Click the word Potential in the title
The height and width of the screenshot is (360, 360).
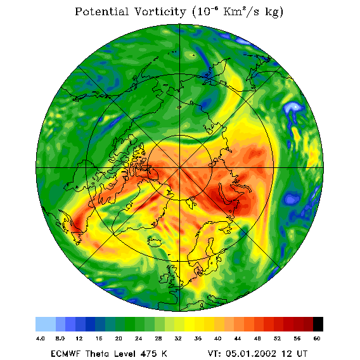(101, 11)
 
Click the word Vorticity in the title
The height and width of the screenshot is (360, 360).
(160, 11)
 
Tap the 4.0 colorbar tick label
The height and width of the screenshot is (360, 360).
(41, 338)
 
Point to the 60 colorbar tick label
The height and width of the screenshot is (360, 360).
(317, 338)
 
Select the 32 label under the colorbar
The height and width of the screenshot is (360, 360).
(178, 338)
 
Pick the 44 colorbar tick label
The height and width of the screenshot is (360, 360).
(238, 338)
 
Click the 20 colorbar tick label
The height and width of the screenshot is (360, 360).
(119, 338)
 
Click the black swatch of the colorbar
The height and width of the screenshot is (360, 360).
(318, 324)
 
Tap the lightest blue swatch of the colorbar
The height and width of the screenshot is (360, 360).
(46, 324)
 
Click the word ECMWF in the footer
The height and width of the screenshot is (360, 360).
(65, 354)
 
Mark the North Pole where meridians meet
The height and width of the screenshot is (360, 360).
(179, 168)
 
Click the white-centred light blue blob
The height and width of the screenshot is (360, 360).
(293, 108)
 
